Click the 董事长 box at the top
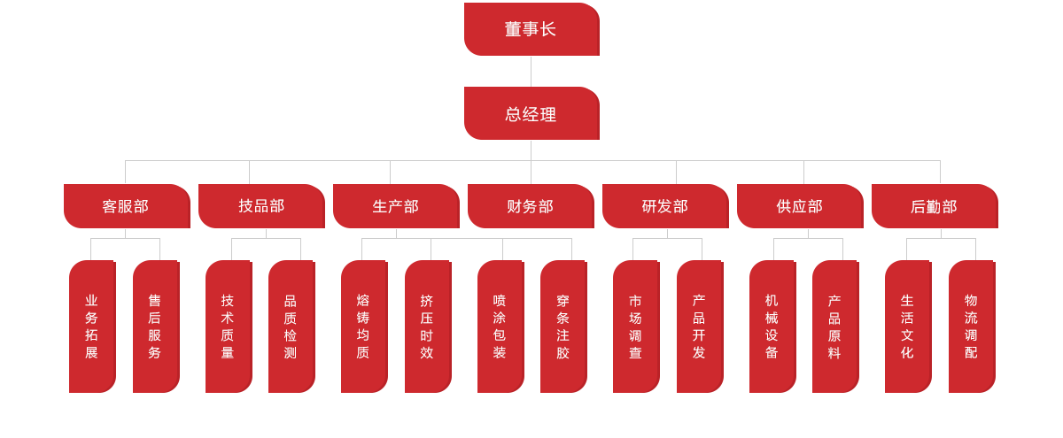[x=531, y=29]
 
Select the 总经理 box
[x=531, y=113]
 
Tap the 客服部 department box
[x=127, y=206]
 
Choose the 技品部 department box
[x=261, y=206]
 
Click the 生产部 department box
[x=396, y=206]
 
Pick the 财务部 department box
[x=531, y=206]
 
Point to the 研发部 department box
[x=665, y=206]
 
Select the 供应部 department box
[x=800, y=206]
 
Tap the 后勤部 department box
[x=935, y=206]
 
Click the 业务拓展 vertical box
[x=92, y=327]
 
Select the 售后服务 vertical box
[x=156, y=327]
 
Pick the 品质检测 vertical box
[x=291, y=327]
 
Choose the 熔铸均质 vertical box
[x=364, y=327]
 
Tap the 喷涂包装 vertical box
[x=500, y=327]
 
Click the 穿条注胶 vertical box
[x=563, y=327]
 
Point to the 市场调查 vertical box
[x=636, y=327]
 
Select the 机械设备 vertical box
[x=772, y=327]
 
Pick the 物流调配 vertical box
[x=972, y=327]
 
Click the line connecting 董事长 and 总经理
[x=531, y=72]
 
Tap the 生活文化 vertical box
[x=908, y=327]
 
